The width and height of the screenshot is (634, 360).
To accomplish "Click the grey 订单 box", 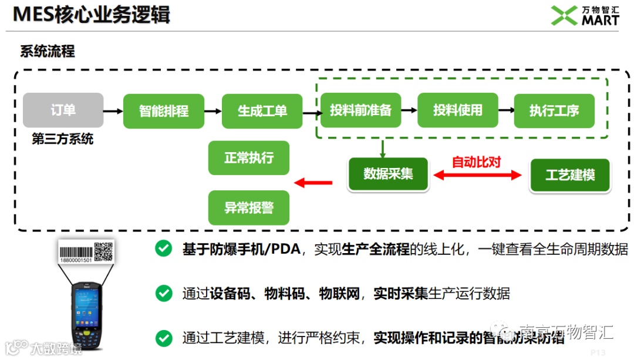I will [x=63, y=110].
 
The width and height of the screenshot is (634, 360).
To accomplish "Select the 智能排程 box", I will [x=164, y=111].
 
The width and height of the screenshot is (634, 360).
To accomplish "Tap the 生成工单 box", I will [x=262, y=111].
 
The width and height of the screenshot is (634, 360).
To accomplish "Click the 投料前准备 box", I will [x=360, y=110].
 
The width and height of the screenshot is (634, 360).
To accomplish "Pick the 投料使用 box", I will [x=457, y=110].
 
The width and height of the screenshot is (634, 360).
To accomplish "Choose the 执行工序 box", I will [x=554, y=110].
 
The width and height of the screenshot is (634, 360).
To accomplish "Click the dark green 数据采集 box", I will [x=388, y=174].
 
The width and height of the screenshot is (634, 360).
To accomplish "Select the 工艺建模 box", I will [x=570, y=175].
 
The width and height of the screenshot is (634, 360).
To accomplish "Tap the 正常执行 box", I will [x=249, y=157].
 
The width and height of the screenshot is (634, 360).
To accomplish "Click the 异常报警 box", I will [x=249, y=207].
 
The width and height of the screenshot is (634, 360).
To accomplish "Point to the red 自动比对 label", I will [x=476, y=162].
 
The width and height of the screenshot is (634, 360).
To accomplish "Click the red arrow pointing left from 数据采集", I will [x=313, y=183].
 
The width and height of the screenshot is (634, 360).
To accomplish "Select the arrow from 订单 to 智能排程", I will [x=113, y=110].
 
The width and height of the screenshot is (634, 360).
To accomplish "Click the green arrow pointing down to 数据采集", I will [x=382, y=149].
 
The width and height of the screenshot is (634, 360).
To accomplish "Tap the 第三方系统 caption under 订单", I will [x=63, y=140].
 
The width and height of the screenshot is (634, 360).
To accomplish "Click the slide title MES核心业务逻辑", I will [x=92, y=15].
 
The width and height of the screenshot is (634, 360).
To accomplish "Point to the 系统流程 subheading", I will [x=48, y=51].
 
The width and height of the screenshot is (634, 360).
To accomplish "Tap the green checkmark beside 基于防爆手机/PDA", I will [x=163, y=249].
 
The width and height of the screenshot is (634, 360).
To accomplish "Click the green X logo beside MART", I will [x=564, y=16].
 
